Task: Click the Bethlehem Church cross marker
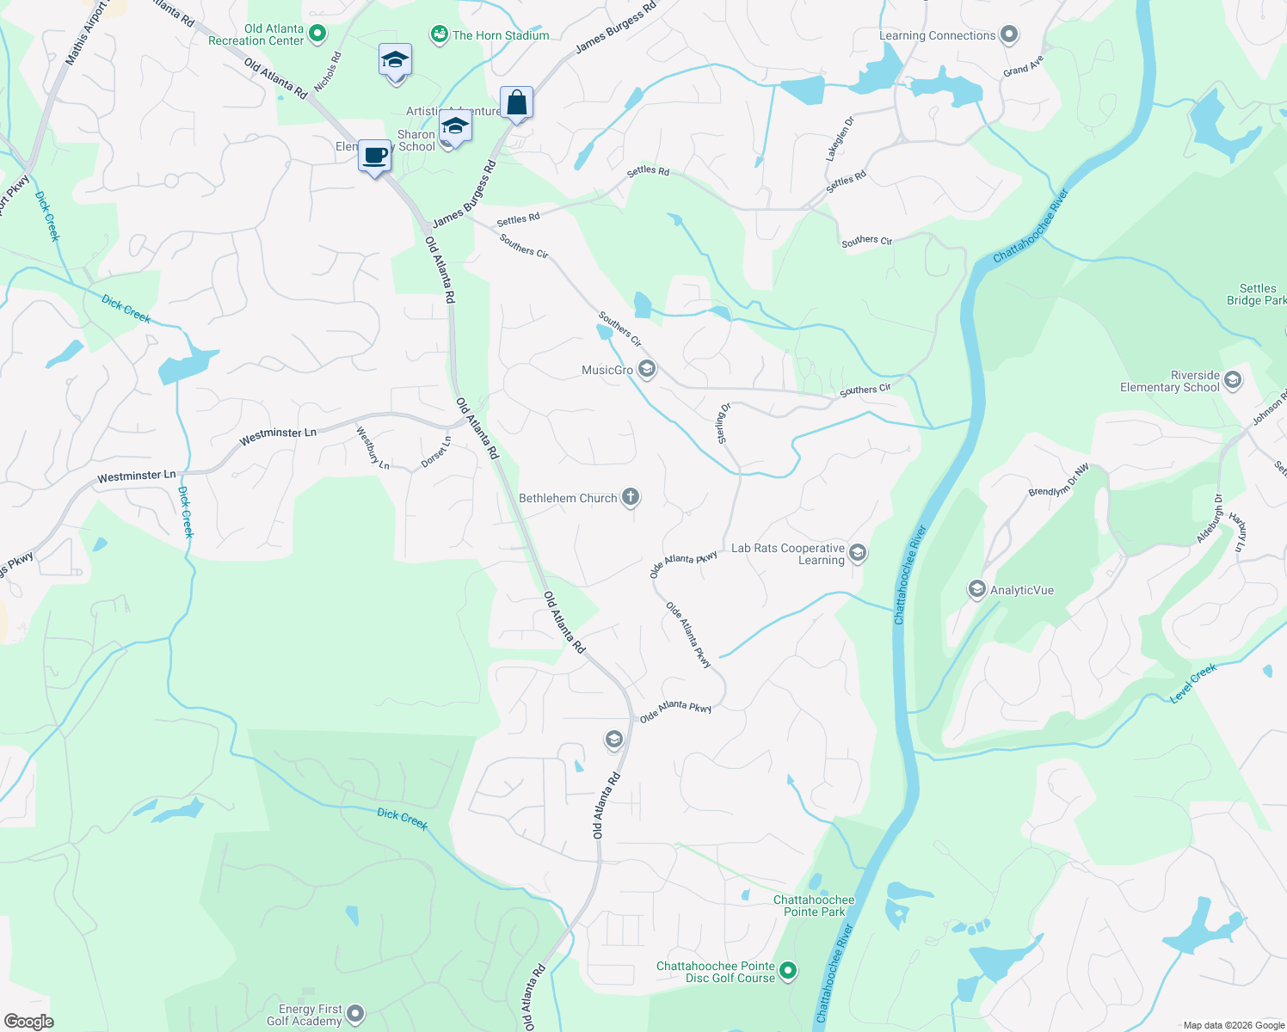click(x=631, y=497)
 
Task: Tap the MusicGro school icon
click(x=647, y=370)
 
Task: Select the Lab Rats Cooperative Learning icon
click(x=857, y=553)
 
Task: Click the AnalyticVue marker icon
click(x=976, y=589)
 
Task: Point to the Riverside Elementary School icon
click(x=1232, y=380)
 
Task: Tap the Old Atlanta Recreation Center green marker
click(x=317, y=34)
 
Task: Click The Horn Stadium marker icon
click(x=440, y=34)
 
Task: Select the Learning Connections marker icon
click(x=1009, y=34)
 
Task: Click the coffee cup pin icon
click(x=374, y=156)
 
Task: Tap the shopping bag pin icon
click(x=516, y=102)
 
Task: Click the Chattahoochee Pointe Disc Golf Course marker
click(x=788, y=972)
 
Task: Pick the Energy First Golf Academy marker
click(x=354, y=1015)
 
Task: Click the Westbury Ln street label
click(x=373, y=447)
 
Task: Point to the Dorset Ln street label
click(x=436, y=452)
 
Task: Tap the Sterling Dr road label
click(x=723, y=423)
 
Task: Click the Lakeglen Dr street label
click(x=840, y=138)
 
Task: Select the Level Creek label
click(x=1193, y=683)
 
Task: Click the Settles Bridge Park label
click(x=1257, y=294)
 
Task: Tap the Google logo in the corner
click(x=28, y=1021)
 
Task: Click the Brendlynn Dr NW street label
click(x=1058, y=480)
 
